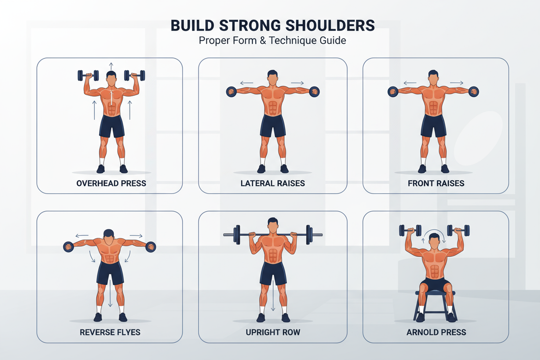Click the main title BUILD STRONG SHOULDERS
272,25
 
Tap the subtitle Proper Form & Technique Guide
272,40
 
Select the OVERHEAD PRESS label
111,183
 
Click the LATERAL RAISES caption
272,183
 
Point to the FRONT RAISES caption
436,183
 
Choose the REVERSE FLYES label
110,332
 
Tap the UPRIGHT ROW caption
272,332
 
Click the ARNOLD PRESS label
436,332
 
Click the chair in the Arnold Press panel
435,302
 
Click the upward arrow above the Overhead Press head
111,65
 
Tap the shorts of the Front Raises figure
433,126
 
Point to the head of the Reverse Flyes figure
110,234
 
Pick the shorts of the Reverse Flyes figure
109,273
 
